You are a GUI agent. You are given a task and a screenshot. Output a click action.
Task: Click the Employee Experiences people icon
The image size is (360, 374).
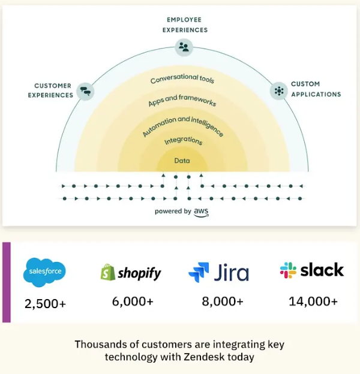coord(184,47)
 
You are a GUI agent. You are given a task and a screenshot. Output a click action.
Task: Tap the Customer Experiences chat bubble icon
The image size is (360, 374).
coord(86,91)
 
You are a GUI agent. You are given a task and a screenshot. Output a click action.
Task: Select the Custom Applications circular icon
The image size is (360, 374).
coord(278,91)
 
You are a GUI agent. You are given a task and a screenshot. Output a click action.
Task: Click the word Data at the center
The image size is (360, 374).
coord(182,161)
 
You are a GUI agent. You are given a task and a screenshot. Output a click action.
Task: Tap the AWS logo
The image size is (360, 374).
coord(201,212)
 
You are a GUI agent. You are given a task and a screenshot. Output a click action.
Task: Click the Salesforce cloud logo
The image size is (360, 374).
coord(44,273)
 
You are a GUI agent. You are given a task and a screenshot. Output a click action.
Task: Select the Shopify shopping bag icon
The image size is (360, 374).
coord(107,273)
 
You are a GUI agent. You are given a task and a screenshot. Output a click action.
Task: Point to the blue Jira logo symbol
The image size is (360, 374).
coord(199,272)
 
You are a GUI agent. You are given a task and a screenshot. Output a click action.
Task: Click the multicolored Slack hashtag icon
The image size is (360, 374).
coord(288,270)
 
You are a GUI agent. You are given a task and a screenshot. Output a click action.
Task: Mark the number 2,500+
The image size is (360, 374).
coord(45,304)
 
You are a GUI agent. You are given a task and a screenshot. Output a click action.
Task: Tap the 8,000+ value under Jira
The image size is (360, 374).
coord(223,301)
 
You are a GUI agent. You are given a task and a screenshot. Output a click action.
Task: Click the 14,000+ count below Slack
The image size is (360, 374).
coord(313,301)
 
